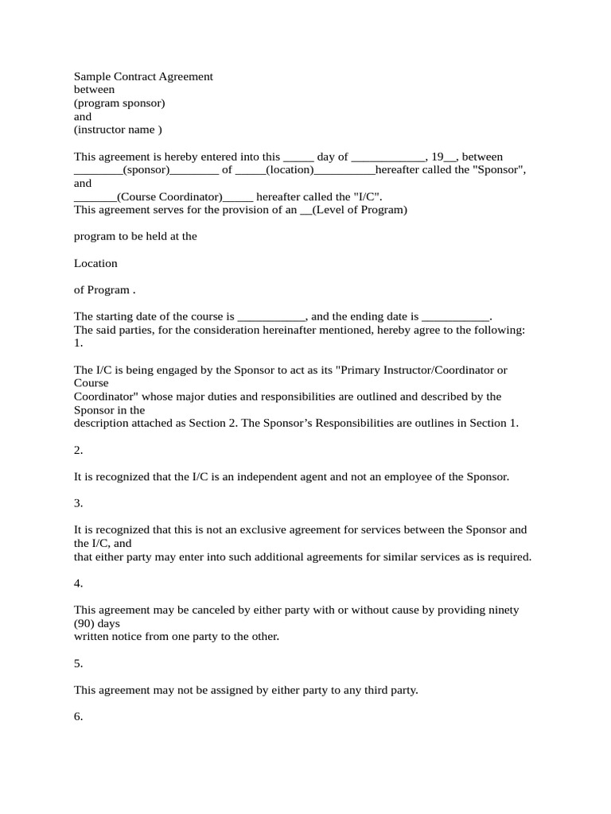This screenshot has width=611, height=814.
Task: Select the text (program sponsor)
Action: point(119,103)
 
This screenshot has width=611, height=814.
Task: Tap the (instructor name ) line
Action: point(118,130)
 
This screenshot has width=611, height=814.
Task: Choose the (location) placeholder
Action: point(290,169)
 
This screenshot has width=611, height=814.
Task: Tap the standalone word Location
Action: point(95,263)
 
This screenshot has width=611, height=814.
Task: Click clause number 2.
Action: point(78,450)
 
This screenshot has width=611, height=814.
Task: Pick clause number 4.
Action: point(78,583)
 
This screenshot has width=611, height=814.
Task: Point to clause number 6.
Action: point(78,716)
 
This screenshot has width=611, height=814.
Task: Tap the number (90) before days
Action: point(84,623)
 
